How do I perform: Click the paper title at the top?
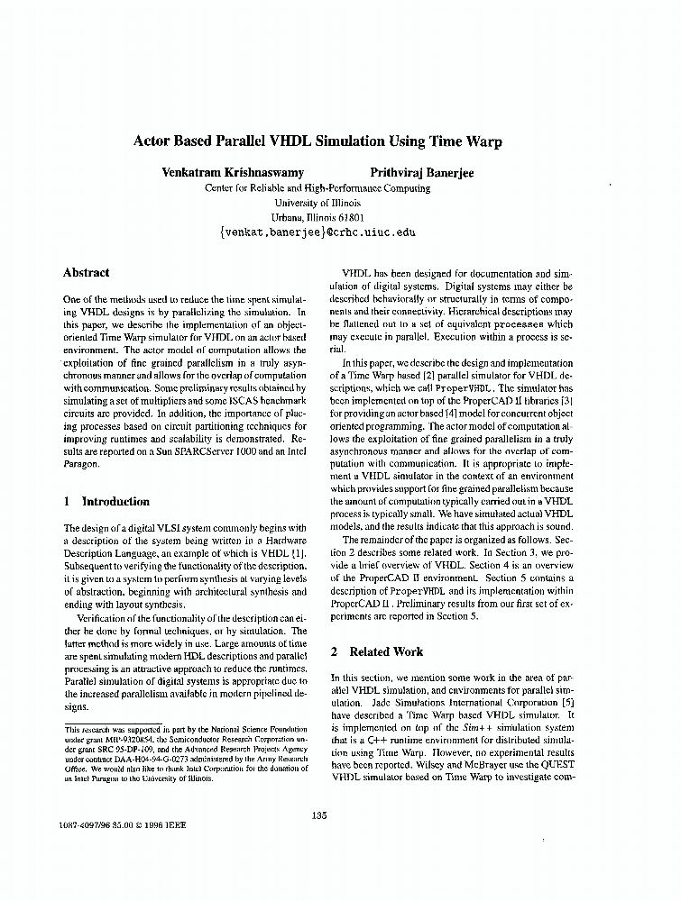(317, 141)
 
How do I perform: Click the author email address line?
(317, 232)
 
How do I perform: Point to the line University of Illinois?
(317, 203)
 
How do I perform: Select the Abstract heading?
(87, 273)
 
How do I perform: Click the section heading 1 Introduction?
(106, 501)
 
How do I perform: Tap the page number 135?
(318, 815)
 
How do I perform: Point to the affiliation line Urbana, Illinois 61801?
(317, 217)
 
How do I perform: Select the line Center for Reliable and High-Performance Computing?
(317, 188)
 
